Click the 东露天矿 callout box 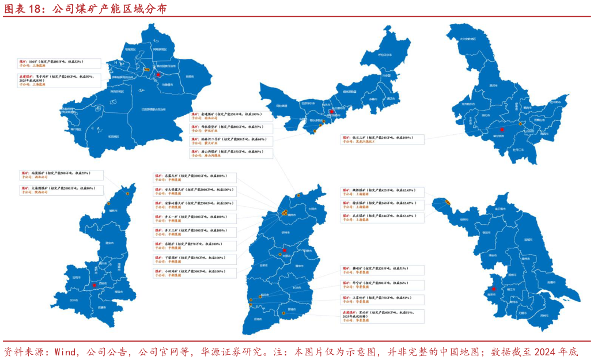(195, 178)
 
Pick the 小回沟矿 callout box (195, 273)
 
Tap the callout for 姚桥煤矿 (383, 192)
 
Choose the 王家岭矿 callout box (383, 300)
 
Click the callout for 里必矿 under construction (383, 314)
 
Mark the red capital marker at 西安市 (94, 285)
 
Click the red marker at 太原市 (284, 251)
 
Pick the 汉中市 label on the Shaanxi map (73, 300)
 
